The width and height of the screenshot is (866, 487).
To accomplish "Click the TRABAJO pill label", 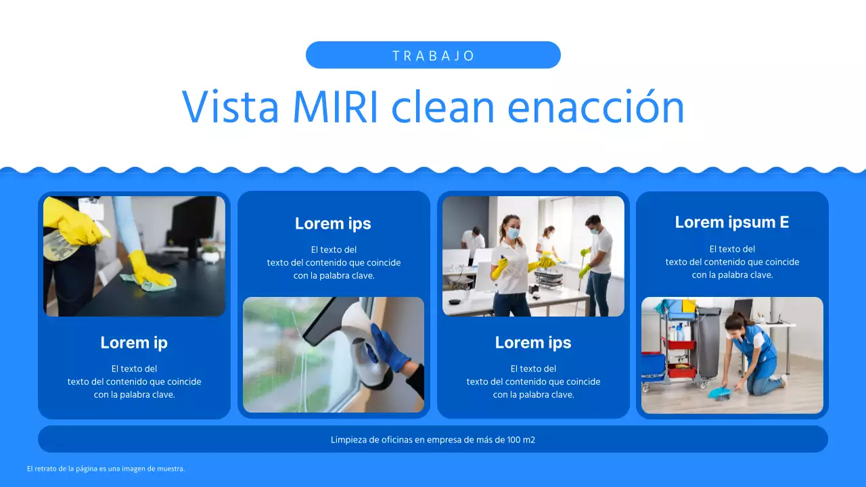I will pos(433,55).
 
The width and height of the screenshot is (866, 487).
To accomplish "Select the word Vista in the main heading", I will pos(230,107).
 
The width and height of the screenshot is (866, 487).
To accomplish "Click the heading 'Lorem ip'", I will pos(134,343).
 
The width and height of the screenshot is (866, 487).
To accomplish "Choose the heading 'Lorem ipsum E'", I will pos(732,223).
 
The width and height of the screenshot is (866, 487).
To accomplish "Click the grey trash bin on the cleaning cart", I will pos(708,342).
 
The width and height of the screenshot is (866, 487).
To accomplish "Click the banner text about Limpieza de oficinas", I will pos(433,440).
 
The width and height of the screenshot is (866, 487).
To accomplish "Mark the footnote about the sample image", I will pos(106,469).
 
